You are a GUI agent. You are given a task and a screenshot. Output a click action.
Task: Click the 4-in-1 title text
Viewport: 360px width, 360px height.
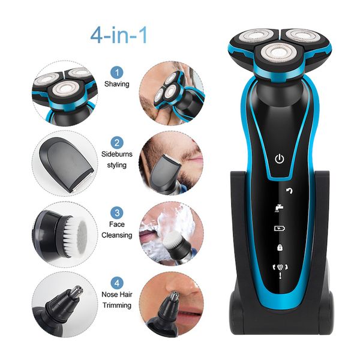point(118,35)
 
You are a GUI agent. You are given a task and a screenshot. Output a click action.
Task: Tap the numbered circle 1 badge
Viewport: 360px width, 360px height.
point(117,73)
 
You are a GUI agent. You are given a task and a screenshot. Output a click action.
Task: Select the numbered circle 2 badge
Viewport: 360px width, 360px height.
point(117,143)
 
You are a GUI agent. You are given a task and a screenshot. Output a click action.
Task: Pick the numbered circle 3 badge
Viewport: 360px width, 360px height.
point(117,213)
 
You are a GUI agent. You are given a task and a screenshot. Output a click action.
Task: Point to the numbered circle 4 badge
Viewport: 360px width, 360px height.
point(117,283)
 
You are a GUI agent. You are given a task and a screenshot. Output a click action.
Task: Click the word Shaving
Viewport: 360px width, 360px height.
point(117,84)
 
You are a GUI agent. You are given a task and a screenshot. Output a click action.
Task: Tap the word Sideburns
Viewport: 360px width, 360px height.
point(117,154)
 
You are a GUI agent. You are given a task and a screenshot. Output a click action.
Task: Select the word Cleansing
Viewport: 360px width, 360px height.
point(117,235)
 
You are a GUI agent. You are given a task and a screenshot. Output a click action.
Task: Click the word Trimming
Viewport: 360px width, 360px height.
point(117,305)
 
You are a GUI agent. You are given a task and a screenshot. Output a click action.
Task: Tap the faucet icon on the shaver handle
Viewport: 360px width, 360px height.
point(279,208)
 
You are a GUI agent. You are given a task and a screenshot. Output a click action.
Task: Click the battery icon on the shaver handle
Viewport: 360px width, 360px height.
point(280,228)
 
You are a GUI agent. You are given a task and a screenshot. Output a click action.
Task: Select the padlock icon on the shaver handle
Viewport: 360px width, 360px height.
point(280,247)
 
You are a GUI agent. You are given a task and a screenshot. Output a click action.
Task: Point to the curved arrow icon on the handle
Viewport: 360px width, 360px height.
point(290,191)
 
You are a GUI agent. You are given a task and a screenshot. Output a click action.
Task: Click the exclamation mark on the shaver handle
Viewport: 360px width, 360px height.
point(280,275)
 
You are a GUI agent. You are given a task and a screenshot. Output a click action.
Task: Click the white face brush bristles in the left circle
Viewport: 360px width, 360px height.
point(73,236)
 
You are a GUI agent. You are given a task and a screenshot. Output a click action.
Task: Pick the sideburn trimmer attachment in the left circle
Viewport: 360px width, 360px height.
point(67,164)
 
